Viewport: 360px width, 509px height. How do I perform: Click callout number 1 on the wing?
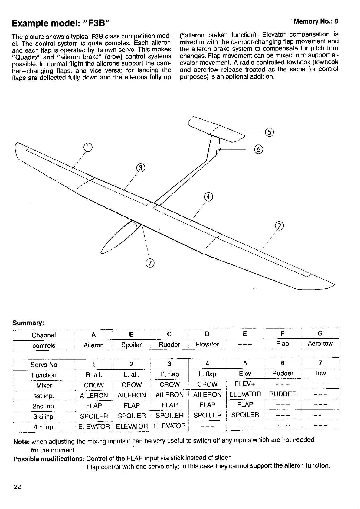(87, 147)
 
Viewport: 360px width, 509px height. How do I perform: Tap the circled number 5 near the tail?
(269, 132)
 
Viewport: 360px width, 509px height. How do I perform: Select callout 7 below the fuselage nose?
(150, 263)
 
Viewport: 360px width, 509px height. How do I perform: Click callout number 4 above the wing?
(208, 197)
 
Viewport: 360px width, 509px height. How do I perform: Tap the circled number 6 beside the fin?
(259, 149)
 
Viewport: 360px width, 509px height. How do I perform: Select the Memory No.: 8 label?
(316, 21)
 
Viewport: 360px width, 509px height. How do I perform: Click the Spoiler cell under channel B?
(131, 345)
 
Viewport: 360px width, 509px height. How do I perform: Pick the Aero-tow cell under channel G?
(320, 344)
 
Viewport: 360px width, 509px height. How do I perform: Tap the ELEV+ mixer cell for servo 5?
(245, 384)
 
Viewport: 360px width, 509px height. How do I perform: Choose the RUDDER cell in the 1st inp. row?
(283, 394)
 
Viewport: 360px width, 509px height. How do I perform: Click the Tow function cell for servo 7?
(320, 373)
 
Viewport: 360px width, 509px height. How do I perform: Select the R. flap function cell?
(169, 374)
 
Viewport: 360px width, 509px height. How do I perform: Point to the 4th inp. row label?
(44, 427)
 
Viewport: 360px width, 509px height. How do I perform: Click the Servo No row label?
(44, 365)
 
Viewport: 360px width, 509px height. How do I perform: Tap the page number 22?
(17, 487)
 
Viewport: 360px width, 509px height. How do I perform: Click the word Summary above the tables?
(28, 323)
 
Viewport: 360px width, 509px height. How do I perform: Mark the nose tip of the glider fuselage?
(102, 253)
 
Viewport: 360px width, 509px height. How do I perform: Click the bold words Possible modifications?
(49, 459)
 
